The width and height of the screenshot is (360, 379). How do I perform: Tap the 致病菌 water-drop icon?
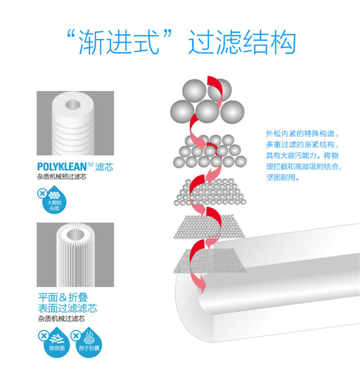(x=53, y=343)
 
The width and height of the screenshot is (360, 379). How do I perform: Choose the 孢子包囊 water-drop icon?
(x=85, y=343)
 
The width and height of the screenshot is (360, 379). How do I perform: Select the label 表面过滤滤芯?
(x=67, y=308)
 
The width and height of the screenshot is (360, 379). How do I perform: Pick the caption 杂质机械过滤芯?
(x=61, y=319)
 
